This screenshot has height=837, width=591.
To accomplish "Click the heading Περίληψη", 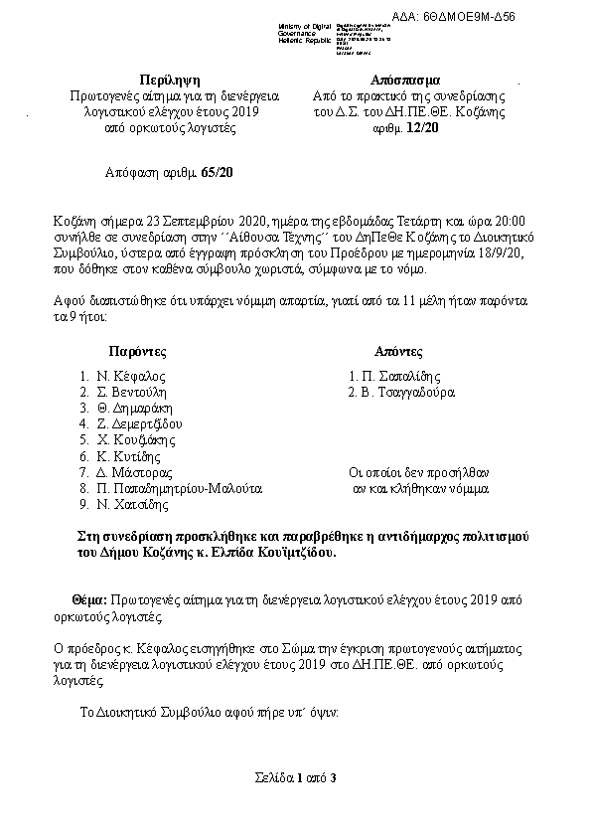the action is [x=169, y=80].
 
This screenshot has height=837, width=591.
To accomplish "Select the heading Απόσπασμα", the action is [x=407, y=80].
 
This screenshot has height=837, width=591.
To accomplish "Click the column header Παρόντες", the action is [x=138, y=352].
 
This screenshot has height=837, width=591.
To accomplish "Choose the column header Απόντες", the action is [x=398, y=352].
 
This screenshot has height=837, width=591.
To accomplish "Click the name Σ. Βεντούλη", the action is [x=134, y=393].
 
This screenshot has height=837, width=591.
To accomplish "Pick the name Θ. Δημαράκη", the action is [x=135, y=409].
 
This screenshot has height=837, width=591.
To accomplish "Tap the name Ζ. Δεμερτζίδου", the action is [x=140, y=424].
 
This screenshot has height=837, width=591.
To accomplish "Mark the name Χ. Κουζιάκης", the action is [x=137, y=440].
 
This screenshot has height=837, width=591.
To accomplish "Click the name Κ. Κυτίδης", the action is [x=129, y=456].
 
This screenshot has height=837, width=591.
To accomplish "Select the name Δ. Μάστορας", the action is [x=133, y=473].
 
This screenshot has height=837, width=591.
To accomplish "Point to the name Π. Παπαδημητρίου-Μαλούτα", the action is [x=179, y=489].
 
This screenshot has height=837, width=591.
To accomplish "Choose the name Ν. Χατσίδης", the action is [x=131, y=505].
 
